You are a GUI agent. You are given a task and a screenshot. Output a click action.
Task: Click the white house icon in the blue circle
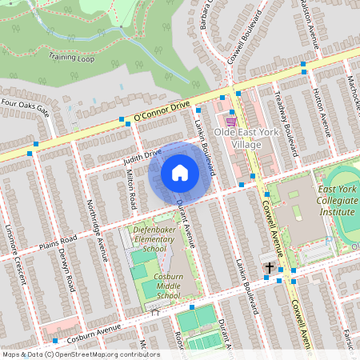pyautogui.click(x=180, y=173)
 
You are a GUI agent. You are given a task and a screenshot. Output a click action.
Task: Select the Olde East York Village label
pyautogui.click(x=248, y=138)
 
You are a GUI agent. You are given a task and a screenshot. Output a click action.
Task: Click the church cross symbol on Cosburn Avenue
pyautogui.click(x=270, y=268)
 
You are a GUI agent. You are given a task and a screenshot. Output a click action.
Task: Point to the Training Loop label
pyautogui.click(x=70, y=57)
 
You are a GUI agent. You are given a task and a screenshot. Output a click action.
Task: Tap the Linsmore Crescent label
pyautogui.click(x=15, y=256)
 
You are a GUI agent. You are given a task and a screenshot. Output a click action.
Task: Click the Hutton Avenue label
pyautogui.click(x=319, y=111)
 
